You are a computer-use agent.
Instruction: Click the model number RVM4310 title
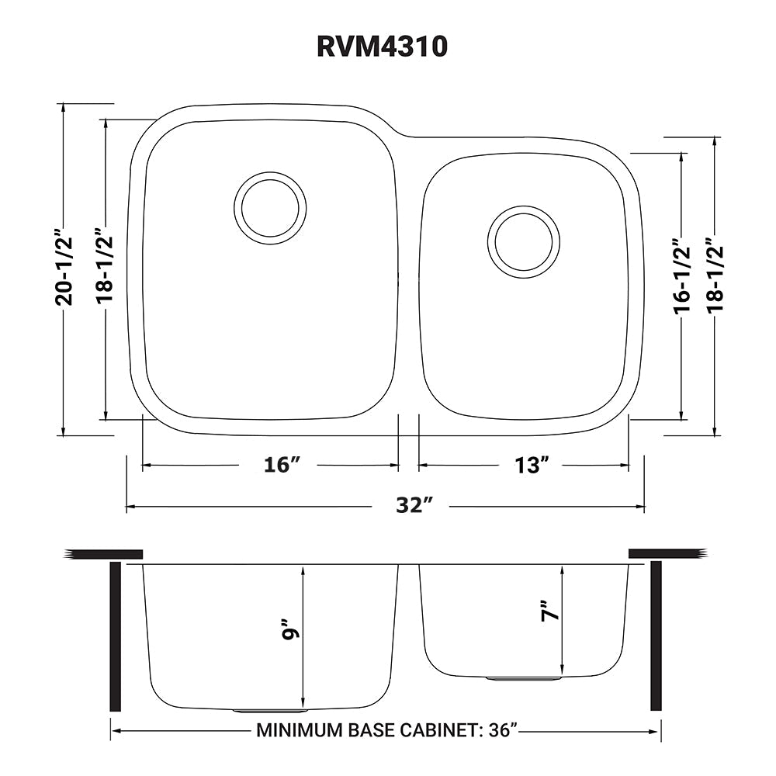coord(382,47)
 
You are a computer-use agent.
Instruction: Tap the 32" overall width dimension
coord(413,506)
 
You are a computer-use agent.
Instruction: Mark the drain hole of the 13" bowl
coord(524,241)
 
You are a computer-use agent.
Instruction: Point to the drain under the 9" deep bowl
coord(271,709)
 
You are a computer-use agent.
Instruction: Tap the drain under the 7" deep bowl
coord(524,678)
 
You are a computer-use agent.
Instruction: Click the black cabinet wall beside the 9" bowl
coord(116,637)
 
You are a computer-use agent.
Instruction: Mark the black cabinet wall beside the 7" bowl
coord(655,637)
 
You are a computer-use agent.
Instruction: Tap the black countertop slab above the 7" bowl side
coord(667,553)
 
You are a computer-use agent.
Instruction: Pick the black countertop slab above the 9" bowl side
coord(104,553)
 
